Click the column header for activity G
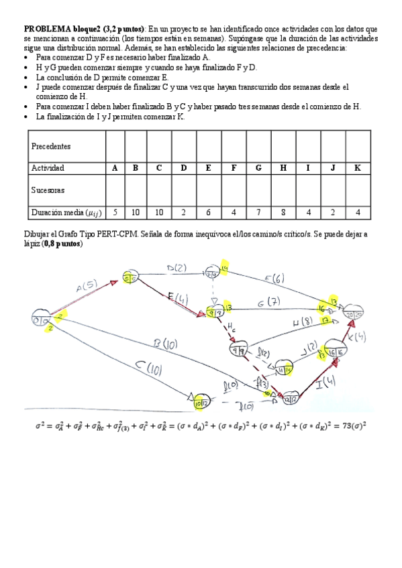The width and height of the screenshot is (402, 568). [x=258, y=168]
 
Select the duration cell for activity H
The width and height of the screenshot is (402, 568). [x=283, y=213]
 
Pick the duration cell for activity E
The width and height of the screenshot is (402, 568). [x=209, y=213]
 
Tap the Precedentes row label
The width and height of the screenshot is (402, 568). [x=51, y=146]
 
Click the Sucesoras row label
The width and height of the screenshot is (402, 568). [x=48, y=190]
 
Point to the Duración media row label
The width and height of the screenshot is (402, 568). [x=63, y=213]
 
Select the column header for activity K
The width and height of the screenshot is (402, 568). [x=358, y=168]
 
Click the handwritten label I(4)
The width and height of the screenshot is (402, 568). [x=325, y=383]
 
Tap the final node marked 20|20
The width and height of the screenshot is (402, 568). [x=354, y=313]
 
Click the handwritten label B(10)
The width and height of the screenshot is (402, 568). [x=163, y=344]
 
